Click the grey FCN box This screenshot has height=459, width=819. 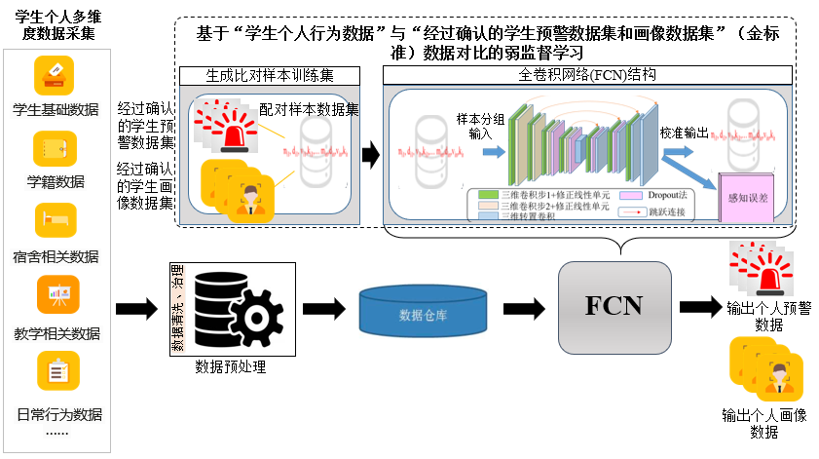pos(614,305)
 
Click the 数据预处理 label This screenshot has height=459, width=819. pos(230,367)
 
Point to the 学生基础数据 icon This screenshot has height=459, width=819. pos(56,75)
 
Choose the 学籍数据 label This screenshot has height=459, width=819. pos(56,181)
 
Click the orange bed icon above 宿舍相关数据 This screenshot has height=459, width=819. pos(56,221)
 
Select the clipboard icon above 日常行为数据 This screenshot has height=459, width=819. pos(57,371)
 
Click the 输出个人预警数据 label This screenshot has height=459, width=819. pos(768,317)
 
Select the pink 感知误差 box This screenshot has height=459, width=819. pos(747,197)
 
